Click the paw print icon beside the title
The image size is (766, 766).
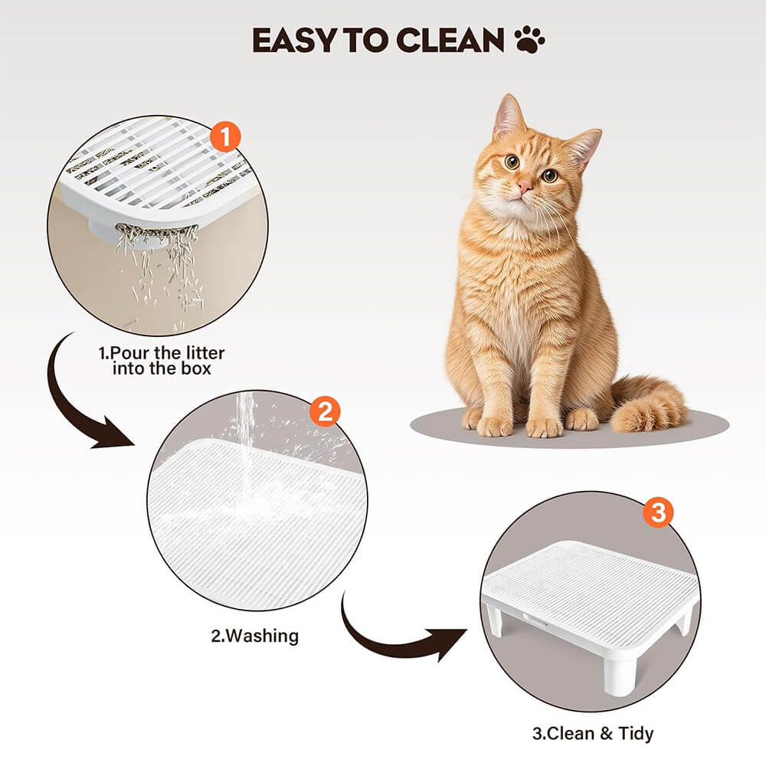tap(530, 40)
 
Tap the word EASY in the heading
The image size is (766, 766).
tap(295, 40)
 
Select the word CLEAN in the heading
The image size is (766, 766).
tap(450, 40)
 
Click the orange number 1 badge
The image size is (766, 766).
tap(225, 137)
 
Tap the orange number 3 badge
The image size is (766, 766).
tap(658, 512)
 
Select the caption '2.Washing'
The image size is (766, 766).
tap(254, 636)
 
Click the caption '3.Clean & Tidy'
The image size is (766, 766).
tap(593, 733)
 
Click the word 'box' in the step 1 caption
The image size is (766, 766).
tap(196, 368)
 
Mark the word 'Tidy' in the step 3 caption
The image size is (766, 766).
tap(636, 734)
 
